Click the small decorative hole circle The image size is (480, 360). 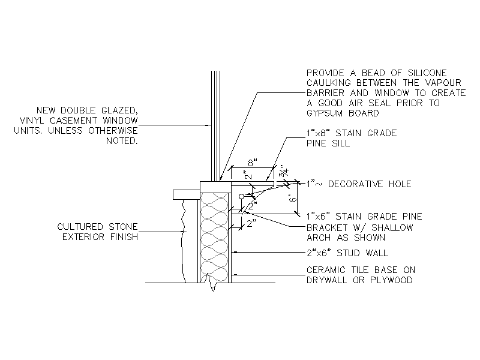[x=242, y=196]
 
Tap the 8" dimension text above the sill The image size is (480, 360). [x=253, y=163]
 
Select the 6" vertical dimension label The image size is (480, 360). [x=293, y=199]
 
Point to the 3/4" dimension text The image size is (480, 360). [x=285, y=171]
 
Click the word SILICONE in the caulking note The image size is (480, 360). [x=427, y=73]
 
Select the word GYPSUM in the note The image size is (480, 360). [x=325, y=113]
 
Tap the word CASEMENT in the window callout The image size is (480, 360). [x=73, y=121]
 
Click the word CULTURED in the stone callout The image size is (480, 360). [x=80, y=227]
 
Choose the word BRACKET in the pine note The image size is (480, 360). [x=327, y=228]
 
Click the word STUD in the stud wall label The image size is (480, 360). [x=348, y=253]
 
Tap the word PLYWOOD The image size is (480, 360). [x=391, y=280]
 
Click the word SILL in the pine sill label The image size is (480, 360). [x=341, y=143]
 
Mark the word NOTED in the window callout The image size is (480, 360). [x=122, y=141]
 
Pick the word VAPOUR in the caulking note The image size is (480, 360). [x=443, y=83]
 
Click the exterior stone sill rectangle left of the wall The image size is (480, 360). [x=187, y=194]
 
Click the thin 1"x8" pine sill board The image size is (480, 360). [x=252, y=183]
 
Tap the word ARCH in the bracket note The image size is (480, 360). [x=319, y=238]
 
